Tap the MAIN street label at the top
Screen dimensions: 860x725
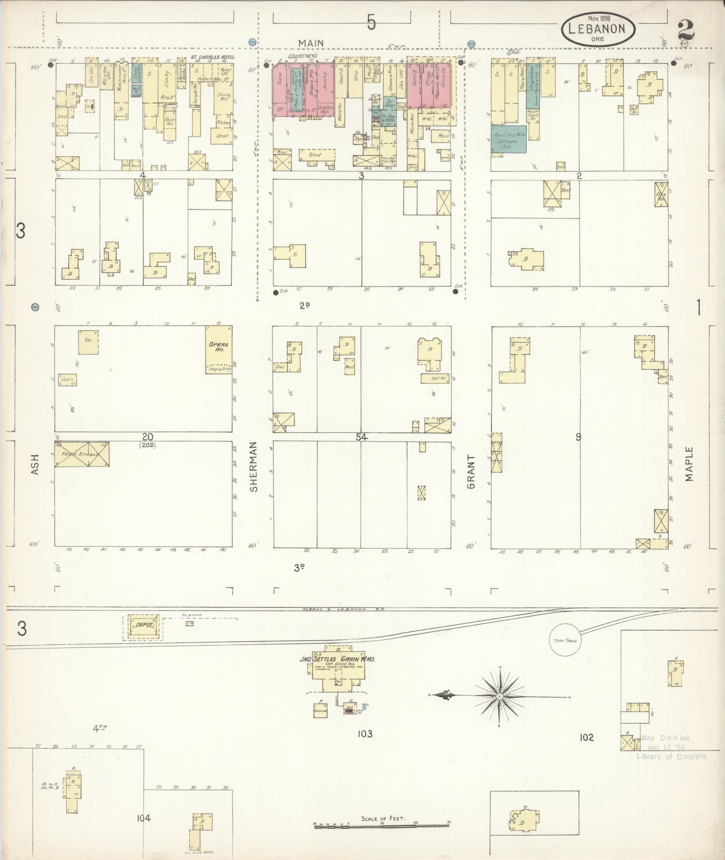click(x=311, y=43)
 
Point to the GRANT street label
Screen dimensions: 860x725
click(x=471, y=471)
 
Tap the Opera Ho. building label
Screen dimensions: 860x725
click(x=219, y=347)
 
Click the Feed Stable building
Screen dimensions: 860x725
click(x=81, y=454)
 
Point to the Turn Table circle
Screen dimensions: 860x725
click(x=565, y=641)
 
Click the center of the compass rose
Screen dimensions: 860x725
click(x=500, y=697)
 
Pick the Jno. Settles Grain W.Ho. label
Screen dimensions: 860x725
click(x=344, y=660)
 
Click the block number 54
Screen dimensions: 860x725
click(x=361, y=437)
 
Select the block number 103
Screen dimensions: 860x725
click(x=365, y=734)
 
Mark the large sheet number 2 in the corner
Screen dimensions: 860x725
click(x=685, y=29)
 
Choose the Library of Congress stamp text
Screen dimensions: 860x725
click(x=671, y=756)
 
